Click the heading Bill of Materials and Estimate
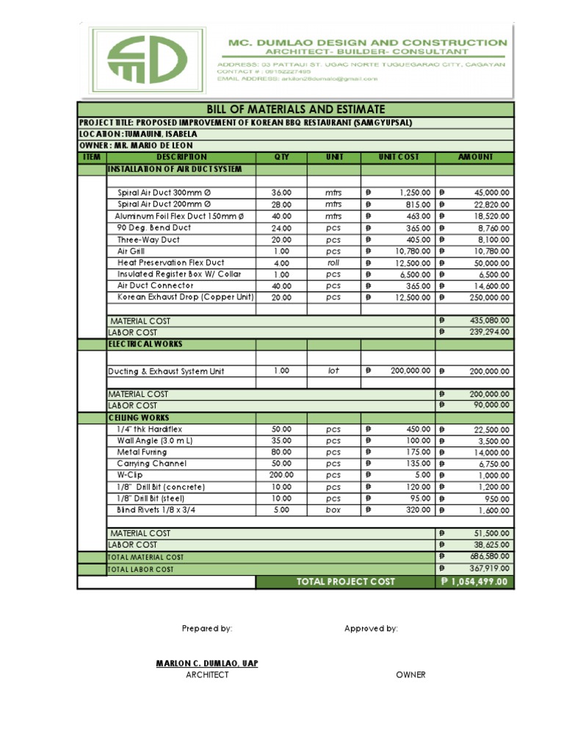click(296, 109)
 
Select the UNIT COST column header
click(398, 157)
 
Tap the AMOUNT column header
click(475, 157)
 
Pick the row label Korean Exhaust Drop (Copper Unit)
click(185, 297)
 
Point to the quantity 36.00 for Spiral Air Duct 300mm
click(282, 193)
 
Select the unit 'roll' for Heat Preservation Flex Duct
click(334, 263)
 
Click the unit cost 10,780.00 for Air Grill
click(405, 251)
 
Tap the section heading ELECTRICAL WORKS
click(145, 344)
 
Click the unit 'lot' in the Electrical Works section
click(334, 371)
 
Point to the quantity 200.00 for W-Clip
click(282, 475)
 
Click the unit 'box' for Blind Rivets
click(334, 510)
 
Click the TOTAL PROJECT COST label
click(345, 582)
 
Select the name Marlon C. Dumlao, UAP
click(207, 663)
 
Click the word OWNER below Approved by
click(411, 675)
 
